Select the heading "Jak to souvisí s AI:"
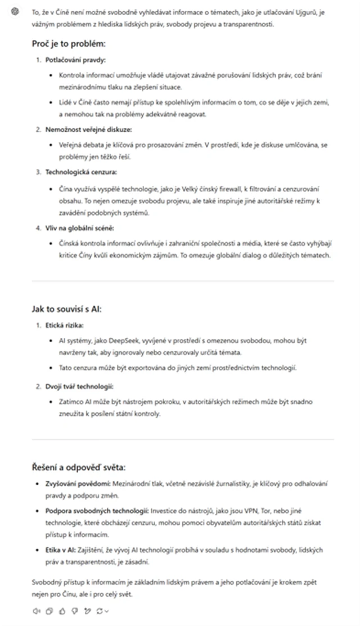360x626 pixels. [66, 308]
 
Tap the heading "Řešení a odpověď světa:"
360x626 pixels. [78, 467]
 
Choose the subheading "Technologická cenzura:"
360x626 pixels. [73, 172]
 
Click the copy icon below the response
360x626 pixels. [49, 611]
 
